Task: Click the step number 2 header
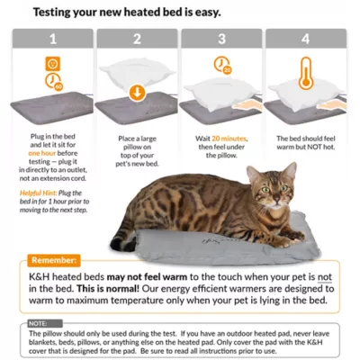pos(138,40)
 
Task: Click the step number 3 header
pos(222,40)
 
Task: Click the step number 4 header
pos(307,40)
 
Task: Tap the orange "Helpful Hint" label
pos(37,192)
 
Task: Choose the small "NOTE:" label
pos(38,321)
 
